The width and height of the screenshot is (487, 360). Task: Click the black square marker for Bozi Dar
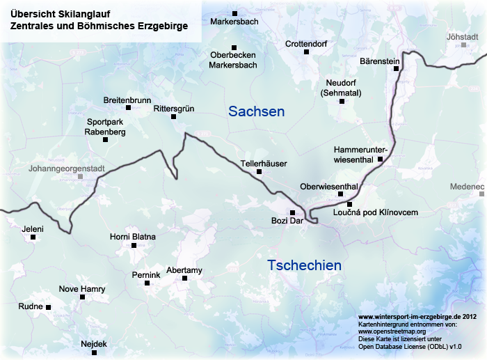pyautogui.click(x=292, y=212)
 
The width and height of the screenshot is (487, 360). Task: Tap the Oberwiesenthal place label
pyautogui.click(x=329, y=187)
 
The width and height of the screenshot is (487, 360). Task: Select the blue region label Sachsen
pyautogui.click(x=256, y=111)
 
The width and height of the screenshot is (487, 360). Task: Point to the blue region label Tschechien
pyautogui.click(x=304, y=265)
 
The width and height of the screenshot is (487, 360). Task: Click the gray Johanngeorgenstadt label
pyautogui.click(x=66, y=169)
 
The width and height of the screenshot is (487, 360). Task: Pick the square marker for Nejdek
pyautogui.click(x=94, y=353)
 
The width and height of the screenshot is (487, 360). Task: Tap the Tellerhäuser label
pyautogui.click(x=264, y=163)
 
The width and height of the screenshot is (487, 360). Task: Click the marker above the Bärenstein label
pyautogui.click(x=397, y=69)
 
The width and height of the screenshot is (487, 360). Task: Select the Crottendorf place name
pyautogui.click(x=306, y=44)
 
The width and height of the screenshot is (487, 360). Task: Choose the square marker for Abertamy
pyautogui.click(x=184, y=279)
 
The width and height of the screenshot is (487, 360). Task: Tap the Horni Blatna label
pyautogui.click(x=133, y=237)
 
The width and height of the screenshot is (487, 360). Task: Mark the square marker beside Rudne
pyautogui.click(x=49, y=306)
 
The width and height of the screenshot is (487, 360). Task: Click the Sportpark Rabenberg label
pyautogui.click(x=105, y=126)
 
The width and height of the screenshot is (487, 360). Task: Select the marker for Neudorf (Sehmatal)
pyautogui.click(x=342, y=101)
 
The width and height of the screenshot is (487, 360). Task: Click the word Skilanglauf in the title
pyautogui.click(x=82, y=13)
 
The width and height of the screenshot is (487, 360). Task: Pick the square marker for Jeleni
pyautogui.click(x=33, y=237)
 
